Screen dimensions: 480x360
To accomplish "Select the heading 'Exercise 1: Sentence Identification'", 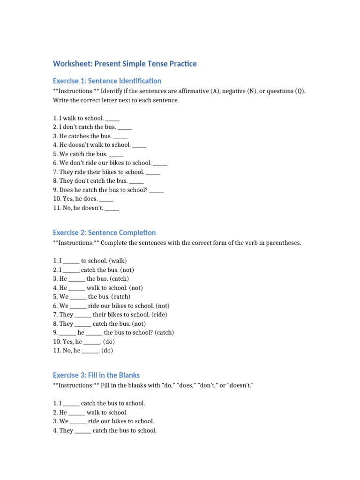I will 107,81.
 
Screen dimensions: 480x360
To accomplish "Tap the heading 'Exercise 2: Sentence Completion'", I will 104,232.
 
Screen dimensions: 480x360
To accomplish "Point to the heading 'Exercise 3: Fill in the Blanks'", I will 96,375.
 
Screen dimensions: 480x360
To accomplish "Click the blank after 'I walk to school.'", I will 112,119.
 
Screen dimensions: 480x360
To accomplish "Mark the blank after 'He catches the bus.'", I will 120,136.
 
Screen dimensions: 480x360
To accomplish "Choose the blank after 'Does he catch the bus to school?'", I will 157,190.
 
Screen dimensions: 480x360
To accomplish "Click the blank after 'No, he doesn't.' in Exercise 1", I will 112,208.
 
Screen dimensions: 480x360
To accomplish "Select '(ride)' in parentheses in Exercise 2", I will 158,315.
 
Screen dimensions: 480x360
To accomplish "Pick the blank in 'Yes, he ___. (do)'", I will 92,342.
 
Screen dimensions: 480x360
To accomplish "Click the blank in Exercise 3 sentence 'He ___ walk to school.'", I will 76,412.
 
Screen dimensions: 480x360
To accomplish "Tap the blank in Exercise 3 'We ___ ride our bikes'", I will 78,421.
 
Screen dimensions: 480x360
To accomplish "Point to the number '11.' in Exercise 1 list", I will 57,208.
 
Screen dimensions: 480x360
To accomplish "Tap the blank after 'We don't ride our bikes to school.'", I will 160,163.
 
